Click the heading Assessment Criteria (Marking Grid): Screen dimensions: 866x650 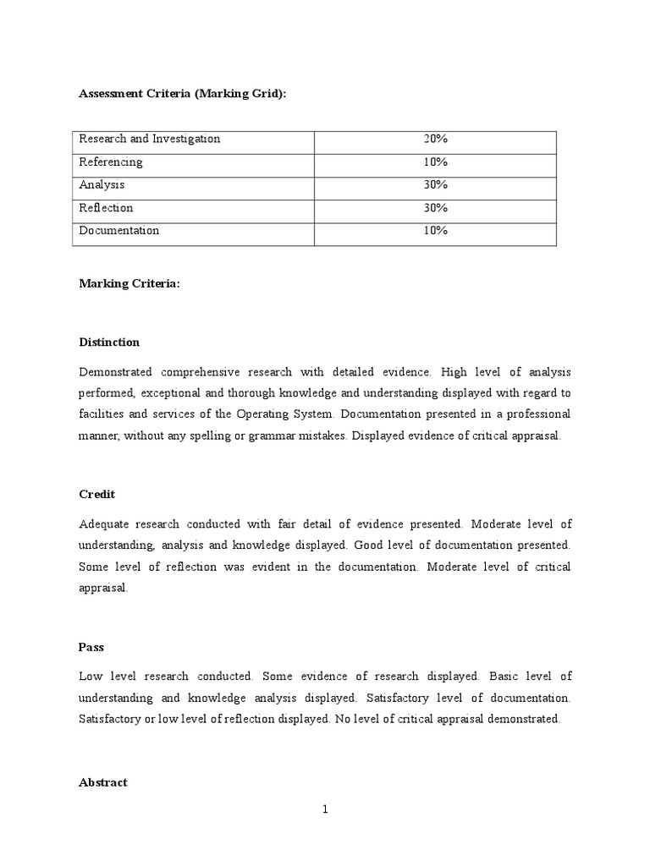tap(183, 94)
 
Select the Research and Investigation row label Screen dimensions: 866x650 tap(149, 139)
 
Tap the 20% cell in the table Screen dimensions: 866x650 tap(435, 139)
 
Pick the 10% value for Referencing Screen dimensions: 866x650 tap(435, 162)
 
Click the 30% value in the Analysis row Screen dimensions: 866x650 tap(435, 184)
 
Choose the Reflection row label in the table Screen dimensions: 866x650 tap(106, 207)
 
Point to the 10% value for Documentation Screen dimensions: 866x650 tap(435, 230)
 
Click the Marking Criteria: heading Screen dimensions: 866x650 tap(129, 285)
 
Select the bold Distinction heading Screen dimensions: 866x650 tap(109, 343)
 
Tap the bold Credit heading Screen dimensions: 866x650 tap(96, 494)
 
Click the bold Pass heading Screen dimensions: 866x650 tap(91, 647)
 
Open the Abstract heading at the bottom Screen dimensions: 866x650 tap(102, 782)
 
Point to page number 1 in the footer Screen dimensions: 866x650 tap(324, 809)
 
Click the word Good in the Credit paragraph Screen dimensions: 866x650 tap(370, 545)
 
